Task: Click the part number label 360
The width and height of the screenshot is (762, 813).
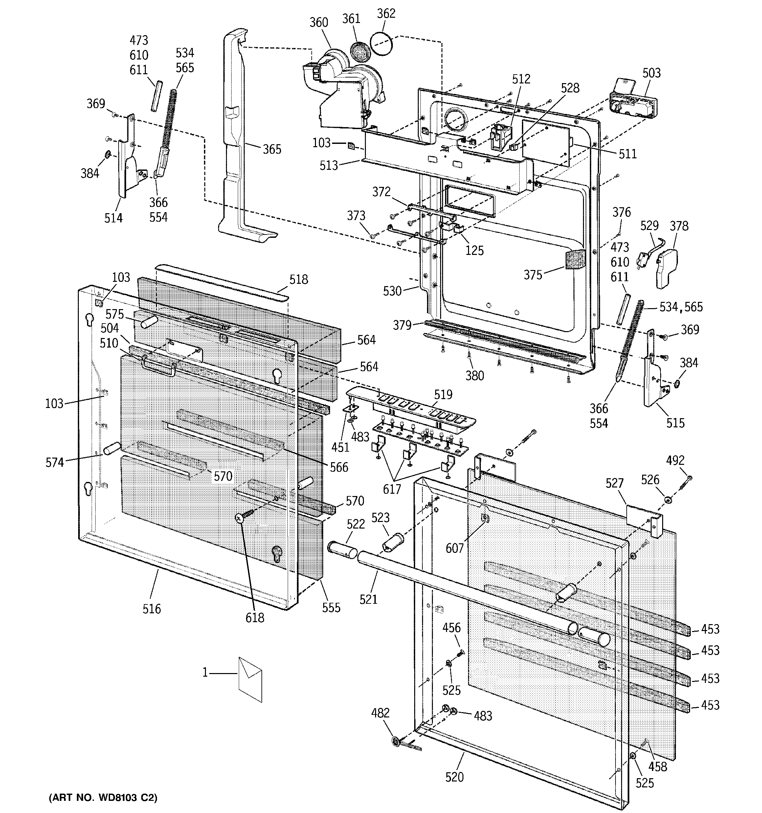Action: [319, 22]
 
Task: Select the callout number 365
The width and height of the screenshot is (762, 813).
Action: [272, 149]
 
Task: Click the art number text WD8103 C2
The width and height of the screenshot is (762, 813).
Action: [103, 798]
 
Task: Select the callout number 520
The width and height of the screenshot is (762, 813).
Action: [455, 777]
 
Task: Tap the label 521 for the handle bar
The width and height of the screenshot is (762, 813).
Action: [368, 599]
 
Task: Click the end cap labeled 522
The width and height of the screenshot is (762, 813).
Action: [342, 549]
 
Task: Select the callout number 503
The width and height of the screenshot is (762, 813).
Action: [651, 73]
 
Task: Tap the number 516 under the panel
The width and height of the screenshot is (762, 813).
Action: [152, 609]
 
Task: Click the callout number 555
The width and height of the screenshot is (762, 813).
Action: [331, 608]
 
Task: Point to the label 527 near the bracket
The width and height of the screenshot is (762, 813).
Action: [614, 484]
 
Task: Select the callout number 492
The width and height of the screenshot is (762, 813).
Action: [675, 461]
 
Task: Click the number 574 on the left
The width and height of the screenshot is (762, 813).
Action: [55, 463]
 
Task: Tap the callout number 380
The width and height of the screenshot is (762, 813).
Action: [475, 375]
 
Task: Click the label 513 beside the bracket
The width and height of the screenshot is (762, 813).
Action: [329, 166]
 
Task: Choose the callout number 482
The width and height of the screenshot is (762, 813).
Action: [380, 713]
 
